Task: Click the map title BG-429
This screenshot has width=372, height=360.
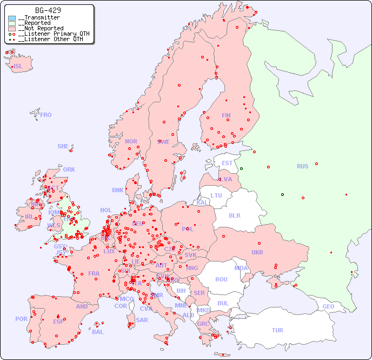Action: coord(48,10)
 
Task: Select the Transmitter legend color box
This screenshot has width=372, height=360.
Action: coord(12,18)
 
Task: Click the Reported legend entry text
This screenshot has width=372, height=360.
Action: coord(34,23)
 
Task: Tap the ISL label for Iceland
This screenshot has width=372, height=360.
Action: coord(18,67)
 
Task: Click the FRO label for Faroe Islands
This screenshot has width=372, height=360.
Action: coord(46,115)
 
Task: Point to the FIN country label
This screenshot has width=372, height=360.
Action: coord(226,115)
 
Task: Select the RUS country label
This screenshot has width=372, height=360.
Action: coord(302,166)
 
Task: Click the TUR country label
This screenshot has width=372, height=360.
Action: coord(277,330)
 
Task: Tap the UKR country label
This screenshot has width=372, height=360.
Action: coord(257,252)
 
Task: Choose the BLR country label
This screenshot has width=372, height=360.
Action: coord(234,215)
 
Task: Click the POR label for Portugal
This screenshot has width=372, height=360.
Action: coord(21,319)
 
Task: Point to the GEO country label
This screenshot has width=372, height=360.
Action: coord(328,306)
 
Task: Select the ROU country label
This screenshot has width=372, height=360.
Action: coord(221,279)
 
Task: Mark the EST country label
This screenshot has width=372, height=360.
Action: coord(227,163)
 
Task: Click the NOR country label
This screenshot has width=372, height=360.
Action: coord(131,141)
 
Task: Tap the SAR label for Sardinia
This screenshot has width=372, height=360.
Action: coord(142,320)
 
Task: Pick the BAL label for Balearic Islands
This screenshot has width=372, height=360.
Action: coord(98,332)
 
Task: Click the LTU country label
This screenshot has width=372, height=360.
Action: coord(216,195)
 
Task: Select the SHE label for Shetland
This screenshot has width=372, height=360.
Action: coord(63,146)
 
